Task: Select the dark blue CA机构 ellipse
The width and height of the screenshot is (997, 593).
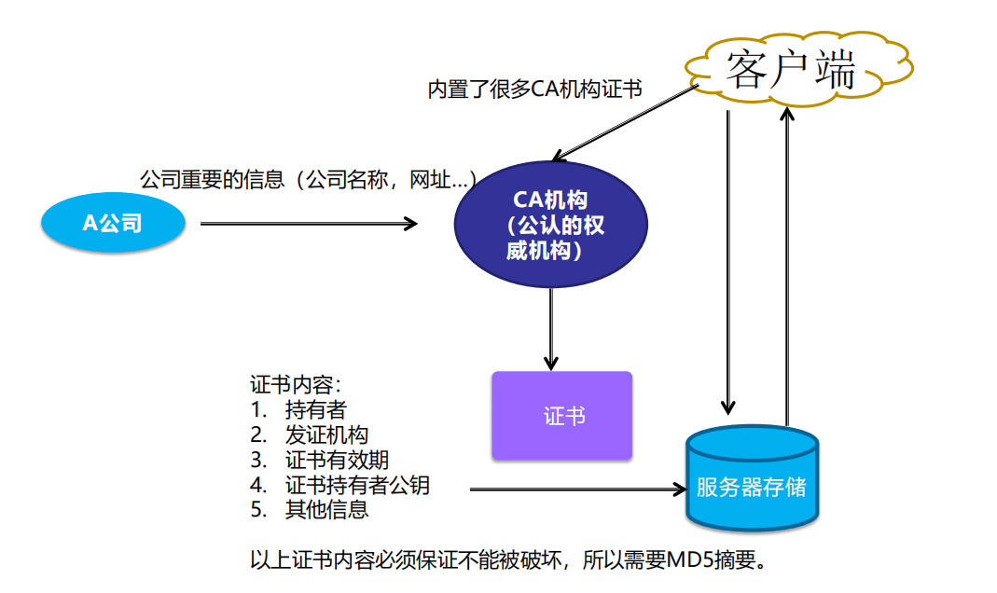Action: point(550,224)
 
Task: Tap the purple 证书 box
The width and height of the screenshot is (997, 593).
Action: point(562,416)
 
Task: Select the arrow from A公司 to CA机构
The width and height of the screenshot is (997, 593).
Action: point(308,223)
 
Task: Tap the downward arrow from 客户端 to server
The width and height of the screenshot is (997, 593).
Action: point(728,261)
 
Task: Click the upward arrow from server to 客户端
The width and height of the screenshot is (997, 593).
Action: point(788,261)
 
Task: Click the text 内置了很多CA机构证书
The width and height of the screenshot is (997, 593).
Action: point(534,90)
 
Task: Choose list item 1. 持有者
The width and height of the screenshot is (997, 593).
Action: point(299,409)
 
